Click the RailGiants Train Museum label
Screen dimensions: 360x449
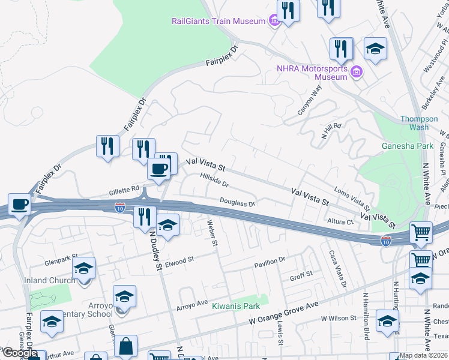[x=218, y=22]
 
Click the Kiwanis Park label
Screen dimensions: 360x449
[x=240, y=306]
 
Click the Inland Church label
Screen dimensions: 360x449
[x=45, y=280]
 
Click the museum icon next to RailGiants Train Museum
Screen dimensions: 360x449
[x=274, y=22]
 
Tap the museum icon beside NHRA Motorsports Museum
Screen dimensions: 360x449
[x=357, y=73]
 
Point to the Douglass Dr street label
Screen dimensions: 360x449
[x=237, y=203]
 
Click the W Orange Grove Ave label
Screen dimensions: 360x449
[x=284, y=314]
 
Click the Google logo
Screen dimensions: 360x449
[x=19, y=353]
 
